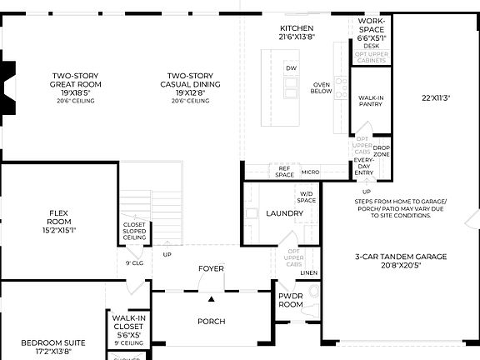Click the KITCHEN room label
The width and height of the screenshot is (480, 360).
[297, 28]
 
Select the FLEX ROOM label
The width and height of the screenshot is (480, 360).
[58, 218]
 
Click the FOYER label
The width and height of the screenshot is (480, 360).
[211, 268]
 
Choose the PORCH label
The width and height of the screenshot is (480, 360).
[211, 321]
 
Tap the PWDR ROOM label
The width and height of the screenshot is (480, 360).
[291, 300]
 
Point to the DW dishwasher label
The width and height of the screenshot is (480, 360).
[291, 68]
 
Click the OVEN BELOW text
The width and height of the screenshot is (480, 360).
[322, 88]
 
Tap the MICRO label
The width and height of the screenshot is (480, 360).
[310, 172]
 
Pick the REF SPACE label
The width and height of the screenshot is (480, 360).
[285, 172]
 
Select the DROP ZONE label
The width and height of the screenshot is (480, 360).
[381, 151]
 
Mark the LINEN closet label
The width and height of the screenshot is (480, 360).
[309, 272]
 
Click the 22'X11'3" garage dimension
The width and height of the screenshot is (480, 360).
[436, 98]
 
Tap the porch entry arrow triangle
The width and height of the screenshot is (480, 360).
[212, 298]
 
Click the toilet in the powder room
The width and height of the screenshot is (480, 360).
[313, 293]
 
